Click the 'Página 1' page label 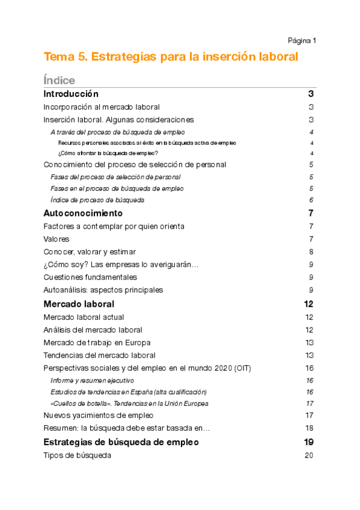tap(302, 41)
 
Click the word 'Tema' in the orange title tap(58, 57)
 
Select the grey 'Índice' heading tap(59, 80)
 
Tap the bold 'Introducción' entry tap(71, 94)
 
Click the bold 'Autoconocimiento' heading tap(83, 214)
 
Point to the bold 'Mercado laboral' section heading tap(79, 304)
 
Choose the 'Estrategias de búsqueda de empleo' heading tap(121, 442)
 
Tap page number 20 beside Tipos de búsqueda tap(310, 455)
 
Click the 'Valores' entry tap(56, 239)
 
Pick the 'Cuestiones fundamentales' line tap(90, 277)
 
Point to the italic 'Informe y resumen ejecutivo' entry tap(92, 381)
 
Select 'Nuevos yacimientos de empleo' tap(99, 415)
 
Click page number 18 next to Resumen tap(310, 428)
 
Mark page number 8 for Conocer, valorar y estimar tap(311, 252)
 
